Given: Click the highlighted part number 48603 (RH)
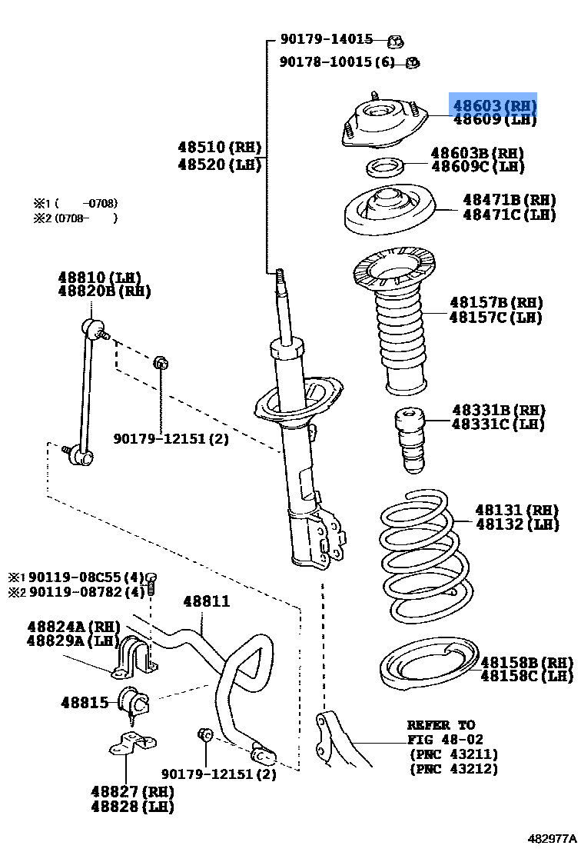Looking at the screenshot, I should (x=493, y=105).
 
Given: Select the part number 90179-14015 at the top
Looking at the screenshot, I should (x=326, y=39).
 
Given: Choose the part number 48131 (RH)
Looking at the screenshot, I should (x=516, y=510).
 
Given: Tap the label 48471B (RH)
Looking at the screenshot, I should (x=509, y=199).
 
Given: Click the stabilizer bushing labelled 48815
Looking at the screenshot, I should (x=133, y=701).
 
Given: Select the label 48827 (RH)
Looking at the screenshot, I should (x=131, y=791).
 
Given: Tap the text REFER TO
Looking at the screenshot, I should (x=441, y=725).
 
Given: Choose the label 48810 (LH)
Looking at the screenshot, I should (x=100, y=278).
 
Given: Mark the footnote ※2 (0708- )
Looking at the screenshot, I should (x=75, y=218).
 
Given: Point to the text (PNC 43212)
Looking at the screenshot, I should (x=453, y=769).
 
